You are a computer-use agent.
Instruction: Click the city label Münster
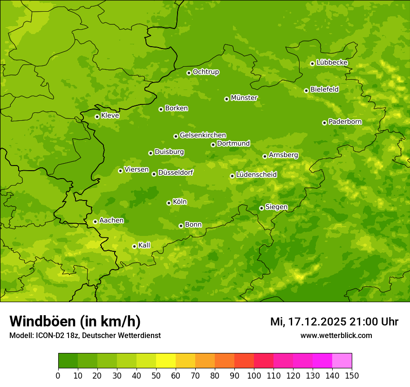(x=244, y=98)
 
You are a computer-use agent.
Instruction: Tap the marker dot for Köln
(x=169, y=203)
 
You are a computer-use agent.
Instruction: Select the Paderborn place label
(x=345, y=122)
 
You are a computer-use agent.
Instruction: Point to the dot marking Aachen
(x=95, y=221)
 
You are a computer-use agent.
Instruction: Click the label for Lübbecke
(x=332, y=62)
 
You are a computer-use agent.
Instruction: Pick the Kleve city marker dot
(x=97, y=117)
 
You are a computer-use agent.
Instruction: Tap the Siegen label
(x=277, y=207)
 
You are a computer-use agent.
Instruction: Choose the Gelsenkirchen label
(x=203, y=135)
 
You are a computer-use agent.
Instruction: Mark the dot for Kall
(x=134, y=246)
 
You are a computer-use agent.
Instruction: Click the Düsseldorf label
(x=176, y=173)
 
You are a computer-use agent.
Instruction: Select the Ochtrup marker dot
(x=189, y=73)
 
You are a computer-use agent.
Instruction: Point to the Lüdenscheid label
(x=257, y=175)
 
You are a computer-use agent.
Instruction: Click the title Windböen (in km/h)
(x=75, y=321)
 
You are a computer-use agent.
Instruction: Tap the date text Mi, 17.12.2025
(x=307, y=322)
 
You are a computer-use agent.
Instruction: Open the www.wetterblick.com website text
(x=336, y=335)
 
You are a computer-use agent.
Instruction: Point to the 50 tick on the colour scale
(x=156, y=376)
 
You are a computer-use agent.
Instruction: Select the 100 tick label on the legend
(x=254, y=376)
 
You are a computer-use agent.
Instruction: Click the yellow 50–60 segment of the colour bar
(x=166, y=361)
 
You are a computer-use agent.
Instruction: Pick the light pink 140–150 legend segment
(x=342, y=361)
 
